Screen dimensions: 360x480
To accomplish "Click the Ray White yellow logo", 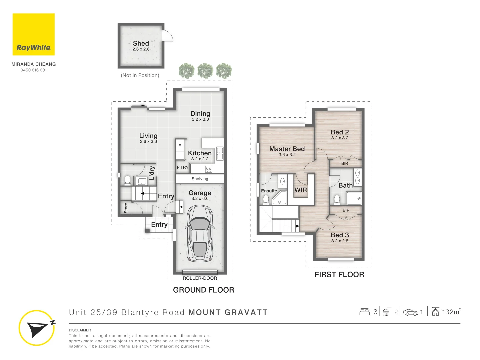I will click(x=33, y=34).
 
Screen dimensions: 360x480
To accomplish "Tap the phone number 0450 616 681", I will click(x=34, y=70).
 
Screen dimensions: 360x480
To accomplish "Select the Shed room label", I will click(x=141, y=43).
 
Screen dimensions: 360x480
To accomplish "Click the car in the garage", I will click(x=199, y=233).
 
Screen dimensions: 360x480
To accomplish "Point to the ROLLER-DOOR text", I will click(x=200, y=278).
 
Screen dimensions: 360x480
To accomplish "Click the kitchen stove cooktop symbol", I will click(x=209, y=169).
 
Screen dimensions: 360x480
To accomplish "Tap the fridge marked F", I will click(x=180, y=146).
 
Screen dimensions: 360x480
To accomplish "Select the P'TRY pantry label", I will click(x=183, y=167).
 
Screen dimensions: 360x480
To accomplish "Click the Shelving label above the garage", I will click(x=200, y=179).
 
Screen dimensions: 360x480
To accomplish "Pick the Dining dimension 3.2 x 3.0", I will click(x=200, y=119).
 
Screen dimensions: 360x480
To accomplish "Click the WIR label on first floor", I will click(x=300, y=190).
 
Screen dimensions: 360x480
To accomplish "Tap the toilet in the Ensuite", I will click(x=266, y=199).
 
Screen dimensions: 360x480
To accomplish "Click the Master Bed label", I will click(x=287, y=149).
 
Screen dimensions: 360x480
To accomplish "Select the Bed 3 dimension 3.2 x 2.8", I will click(x=340, y=241).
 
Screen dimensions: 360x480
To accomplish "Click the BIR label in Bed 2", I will click(x=345, y=163).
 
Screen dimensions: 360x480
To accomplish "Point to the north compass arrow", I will click(x=37, y=328).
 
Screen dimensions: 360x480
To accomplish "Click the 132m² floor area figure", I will click(x=451, y=312).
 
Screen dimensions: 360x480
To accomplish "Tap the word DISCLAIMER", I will click(x=80, y=330).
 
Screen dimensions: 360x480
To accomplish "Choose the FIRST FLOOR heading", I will click(x=339, y=275).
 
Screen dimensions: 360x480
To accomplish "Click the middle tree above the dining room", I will click(x=205, y=71).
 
